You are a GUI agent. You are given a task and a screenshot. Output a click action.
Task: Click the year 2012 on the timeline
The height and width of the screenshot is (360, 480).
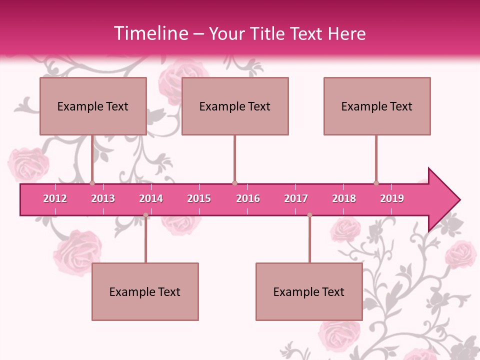tap(55, 198)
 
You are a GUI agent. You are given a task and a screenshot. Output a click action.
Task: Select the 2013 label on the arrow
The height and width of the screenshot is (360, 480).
tap(103, 198)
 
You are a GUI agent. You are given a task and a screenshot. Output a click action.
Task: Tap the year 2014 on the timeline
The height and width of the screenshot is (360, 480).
tap(151, 198)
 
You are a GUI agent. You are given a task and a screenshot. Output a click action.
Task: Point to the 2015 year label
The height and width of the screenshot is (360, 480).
tap(199, 198)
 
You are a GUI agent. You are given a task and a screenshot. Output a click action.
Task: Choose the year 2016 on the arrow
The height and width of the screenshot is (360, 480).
tap(248, 198)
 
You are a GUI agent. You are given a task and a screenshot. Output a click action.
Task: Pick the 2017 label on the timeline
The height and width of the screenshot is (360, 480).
tap(296, 198)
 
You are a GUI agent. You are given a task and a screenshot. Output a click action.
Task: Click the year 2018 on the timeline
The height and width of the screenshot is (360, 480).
tap(344, 198)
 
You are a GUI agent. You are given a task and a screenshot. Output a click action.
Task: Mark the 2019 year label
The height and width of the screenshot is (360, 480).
tap(392, 198)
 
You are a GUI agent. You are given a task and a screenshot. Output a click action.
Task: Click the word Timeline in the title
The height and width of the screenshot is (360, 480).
tap(150, 33)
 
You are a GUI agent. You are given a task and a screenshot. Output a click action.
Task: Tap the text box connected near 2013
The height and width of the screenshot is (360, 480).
tap(93, 106)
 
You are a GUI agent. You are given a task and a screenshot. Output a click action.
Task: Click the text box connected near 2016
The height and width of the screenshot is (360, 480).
tap(235, 106)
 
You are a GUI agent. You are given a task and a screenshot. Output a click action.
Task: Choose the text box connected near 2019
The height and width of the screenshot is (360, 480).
tap(377, 106)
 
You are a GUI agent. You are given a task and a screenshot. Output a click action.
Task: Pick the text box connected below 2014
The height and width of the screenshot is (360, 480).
tap(145, 291)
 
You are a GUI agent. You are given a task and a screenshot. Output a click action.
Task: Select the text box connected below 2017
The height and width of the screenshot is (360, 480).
tap(309, 291)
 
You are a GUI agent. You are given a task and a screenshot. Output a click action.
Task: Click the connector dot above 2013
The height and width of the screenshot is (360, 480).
tap(92, 183)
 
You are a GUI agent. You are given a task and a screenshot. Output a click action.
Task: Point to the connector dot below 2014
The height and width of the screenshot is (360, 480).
tap(145, 215)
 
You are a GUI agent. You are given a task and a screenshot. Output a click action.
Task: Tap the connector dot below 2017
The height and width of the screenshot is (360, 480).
tap(309, 215)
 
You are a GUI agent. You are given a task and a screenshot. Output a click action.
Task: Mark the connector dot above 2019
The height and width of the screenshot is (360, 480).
tap(376, 183)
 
